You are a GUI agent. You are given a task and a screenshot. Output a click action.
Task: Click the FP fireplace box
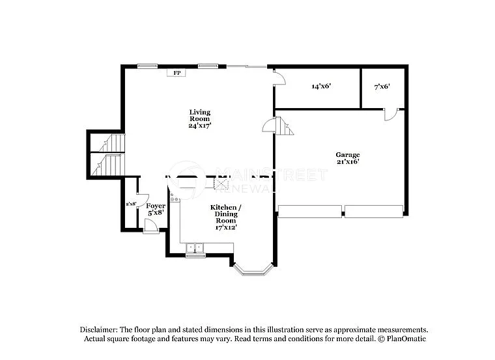(x=176, y=73)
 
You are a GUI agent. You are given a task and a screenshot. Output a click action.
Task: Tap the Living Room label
(x=199, y=115)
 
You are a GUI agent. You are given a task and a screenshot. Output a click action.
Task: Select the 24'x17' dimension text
(x=199, y=126)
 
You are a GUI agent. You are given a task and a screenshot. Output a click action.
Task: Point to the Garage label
(x=348, y=154)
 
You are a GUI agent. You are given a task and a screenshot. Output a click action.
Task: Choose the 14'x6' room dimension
(x=322, y=86)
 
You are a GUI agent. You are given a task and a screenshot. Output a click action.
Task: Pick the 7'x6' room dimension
(x=382, y=86)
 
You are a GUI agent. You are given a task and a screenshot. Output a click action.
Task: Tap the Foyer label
(x=155, y=206)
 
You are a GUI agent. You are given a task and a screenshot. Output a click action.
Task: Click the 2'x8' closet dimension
(x=131, y=204)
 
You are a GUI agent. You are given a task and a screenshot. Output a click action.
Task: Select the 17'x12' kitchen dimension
(x=225, y=227)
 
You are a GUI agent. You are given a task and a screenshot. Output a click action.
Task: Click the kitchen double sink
(x=195, y=247)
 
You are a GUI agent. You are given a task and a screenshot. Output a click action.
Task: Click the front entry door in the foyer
(x=150, y=226)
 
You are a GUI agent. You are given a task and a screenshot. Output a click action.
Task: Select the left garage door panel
(x=309, y=211)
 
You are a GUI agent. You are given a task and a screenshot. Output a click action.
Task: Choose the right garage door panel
(x=374, y=211)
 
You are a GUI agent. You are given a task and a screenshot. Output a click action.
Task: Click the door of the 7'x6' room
(x=390, y=115)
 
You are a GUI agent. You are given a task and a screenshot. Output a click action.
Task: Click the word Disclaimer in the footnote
(x=101, y=330)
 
